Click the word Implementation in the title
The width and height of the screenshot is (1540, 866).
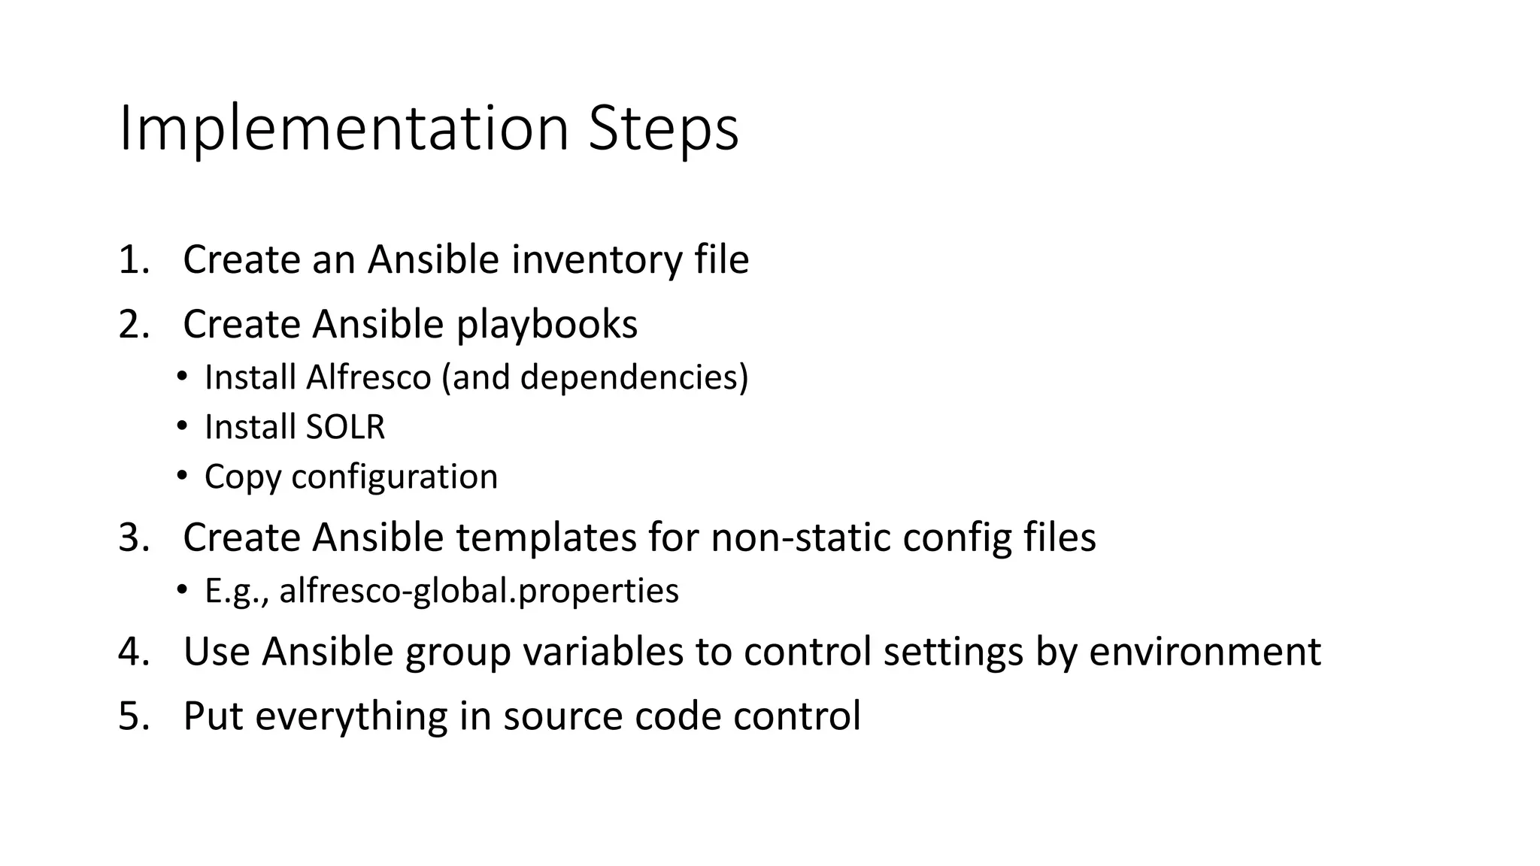pyautogui.click(x=342, y=129)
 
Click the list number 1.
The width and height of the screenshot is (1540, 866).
pyautogui.click(x=133, y=260)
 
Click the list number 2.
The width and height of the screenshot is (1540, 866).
pyautogui.click(x=134, y=325)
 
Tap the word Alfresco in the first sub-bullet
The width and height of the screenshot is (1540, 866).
pyautogui.click(x=368, y=377)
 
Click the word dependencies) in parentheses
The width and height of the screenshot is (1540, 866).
pyautogui.click(x=634, y=377)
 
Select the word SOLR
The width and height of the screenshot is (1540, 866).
pyautogui.click(x=345, y=427)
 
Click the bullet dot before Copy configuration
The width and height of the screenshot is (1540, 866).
pyautogui.click(x=182, y=476)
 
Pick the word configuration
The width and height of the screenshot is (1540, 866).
pyautogui.click(x=394, y=477)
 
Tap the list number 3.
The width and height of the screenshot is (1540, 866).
pyautogui.click(x=134, y=537)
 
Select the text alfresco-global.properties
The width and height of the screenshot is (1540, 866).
pyautogui.click(x=479, y=591)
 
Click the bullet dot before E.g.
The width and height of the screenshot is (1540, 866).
pyautogui.click(x=182, y=590)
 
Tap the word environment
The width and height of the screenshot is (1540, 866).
pyautogui.click(x=1205, y=651)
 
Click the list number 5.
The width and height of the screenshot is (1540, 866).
pyautogui.click(x=134, y=716)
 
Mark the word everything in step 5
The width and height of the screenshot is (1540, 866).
pyautogui.click(x=351, y=716)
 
